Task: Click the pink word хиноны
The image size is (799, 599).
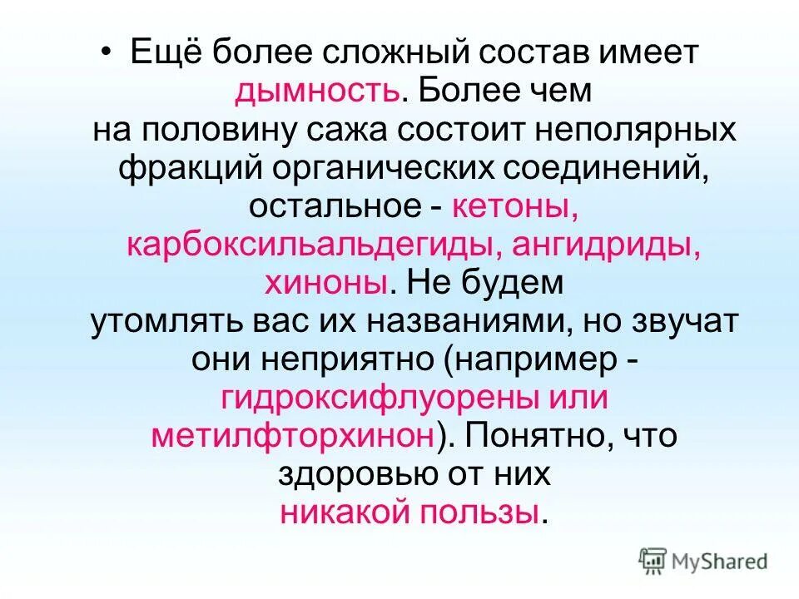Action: tap(325, 283)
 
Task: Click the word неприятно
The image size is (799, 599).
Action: tap(345, 359)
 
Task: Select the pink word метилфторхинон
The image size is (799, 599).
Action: tap(292, 436)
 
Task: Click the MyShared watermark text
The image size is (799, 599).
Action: tap(722, 562)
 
